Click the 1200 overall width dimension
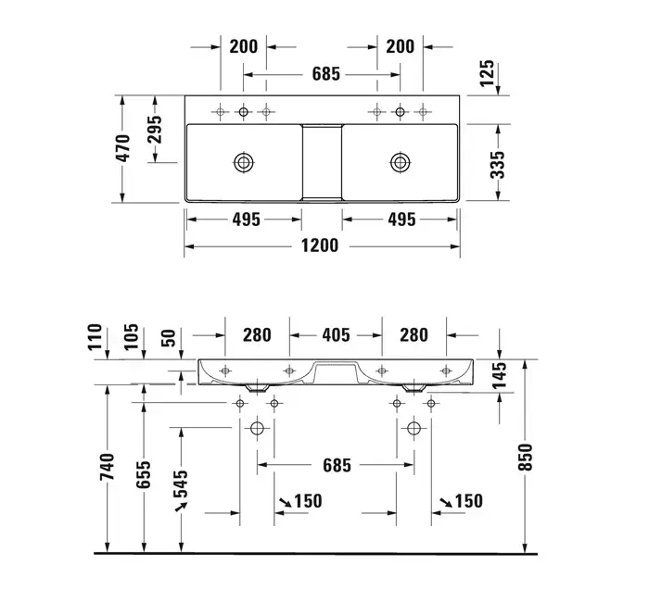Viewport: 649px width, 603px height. [320, 245]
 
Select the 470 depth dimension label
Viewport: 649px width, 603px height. [123, 148]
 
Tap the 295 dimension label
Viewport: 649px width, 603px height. [155, 130]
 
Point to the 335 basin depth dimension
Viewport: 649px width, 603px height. [498, 165]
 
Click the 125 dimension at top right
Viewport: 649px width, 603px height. [487, 73]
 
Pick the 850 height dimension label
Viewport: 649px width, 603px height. [525, 457]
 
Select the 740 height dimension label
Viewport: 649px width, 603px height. [107, 467]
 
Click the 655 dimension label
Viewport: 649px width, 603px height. [144, 474]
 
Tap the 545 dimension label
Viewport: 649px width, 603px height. [181, 484]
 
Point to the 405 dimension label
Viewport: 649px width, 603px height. [336, 334]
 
